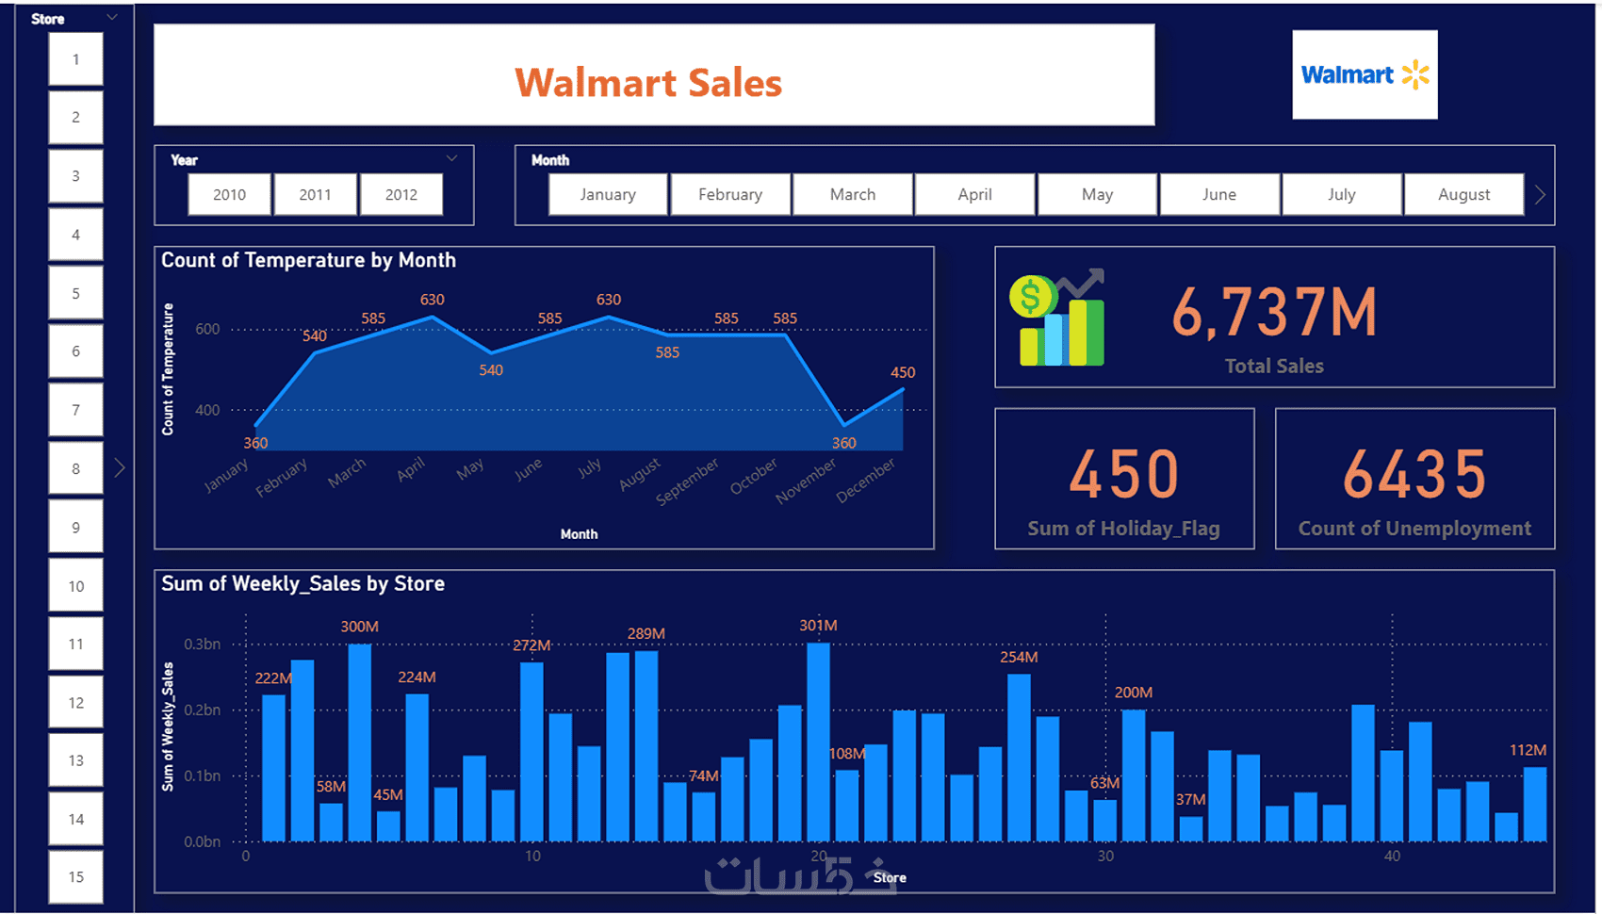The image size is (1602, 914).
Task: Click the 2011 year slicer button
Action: [315, 195]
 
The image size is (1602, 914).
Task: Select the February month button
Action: [730, 195]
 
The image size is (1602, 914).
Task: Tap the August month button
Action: [1463, 195]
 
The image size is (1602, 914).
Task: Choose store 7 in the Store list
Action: [76, 410]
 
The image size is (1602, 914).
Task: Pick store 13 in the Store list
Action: [76, 760]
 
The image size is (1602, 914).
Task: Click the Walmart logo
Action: [1365, 74]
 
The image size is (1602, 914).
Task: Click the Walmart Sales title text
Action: [648, 83]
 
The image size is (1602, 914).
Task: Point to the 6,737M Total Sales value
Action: [1274, 314]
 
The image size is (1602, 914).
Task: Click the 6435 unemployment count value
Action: [1414, 474]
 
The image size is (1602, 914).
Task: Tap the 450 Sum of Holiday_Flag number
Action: [1123, 474]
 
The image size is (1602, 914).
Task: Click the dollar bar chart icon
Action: [1057, 320]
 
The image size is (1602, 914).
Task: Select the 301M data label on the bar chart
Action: [818, 626]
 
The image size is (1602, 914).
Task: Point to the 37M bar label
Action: [1190, 799]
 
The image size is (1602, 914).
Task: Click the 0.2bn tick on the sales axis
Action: [202, 710]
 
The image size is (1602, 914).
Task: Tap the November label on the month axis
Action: [806, 481]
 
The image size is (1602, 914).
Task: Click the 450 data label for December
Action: [903, 372]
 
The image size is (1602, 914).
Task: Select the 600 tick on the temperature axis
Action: [207, 329]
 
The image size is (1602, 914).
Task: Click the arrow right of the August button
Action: [1540, 195]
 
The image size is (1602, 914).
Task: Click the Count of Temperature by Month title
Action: [308, 260]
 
